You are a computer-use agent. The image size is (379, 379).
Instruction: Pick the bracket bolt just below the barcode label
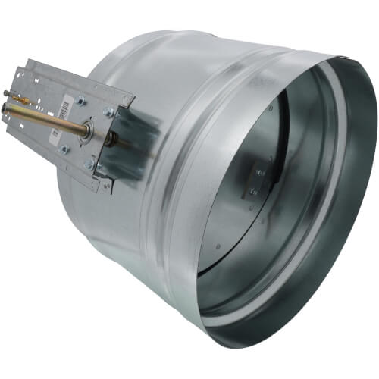(x=64, y=149)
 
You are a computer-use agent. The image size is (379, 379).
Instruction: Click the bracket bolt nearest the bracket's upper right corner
(x=108, y=111)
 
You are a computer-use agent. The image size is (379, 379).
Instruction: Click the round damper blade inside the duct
(x=250, y=182)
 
